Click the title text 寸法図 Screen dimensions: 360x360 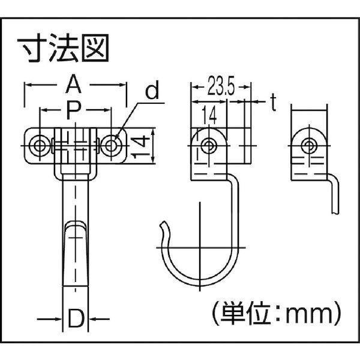68,48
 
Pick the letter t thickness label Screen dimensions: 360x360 271,103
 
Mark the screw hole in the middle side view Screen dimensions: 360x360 208,145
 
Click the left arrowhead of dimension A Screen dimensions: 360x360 27,86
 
